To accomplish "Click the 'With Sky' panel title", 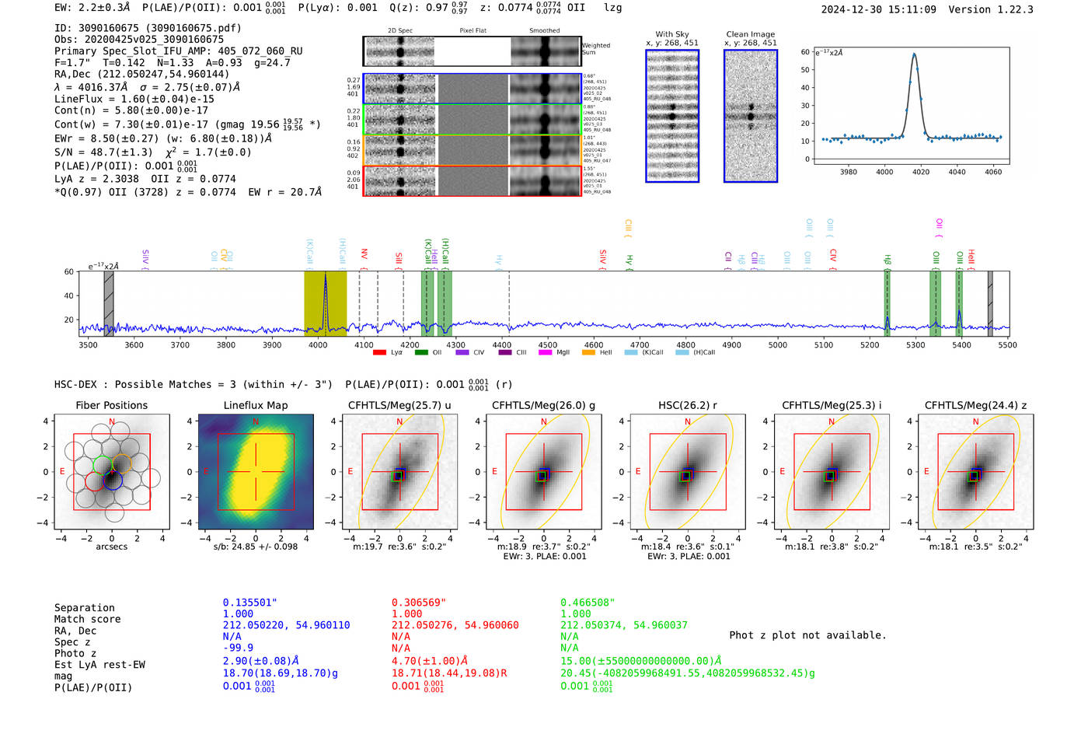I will (x=671, y=34).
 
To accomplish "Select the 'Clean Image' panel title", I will (x=750, y=34).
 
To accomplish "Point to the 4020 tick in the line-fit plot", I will (x=920, y=172).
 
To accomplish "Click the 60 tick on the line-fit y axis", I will (x=805, y=52).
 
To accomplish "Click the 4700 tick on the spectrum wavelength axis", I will (x=640, y=344).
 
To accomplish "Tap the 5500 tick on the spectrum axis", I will (x=1007, y=344).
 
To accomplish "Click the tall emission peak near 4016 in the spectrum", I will (x=325, y=276).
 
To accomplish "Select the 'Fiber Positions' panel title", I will (x=111, y=405).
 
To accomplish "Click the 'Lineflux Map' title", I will (x=255, y=405).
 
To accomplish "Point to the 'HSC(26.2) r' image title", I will (x=687, y=405).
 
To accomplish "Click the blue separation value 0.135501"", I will (x=249, y=603).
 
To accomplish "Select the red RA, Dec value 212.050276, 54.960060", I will (x=455, y=625).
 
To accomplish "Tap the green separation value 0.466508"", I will (x=587, y=603).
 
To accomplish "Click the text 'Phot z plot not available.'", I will (x=807, y=635).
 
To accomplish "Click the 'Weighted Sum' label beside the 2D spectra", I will (x=595, y=49).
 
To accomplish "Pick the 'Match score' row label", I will (x=87, y=619).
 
